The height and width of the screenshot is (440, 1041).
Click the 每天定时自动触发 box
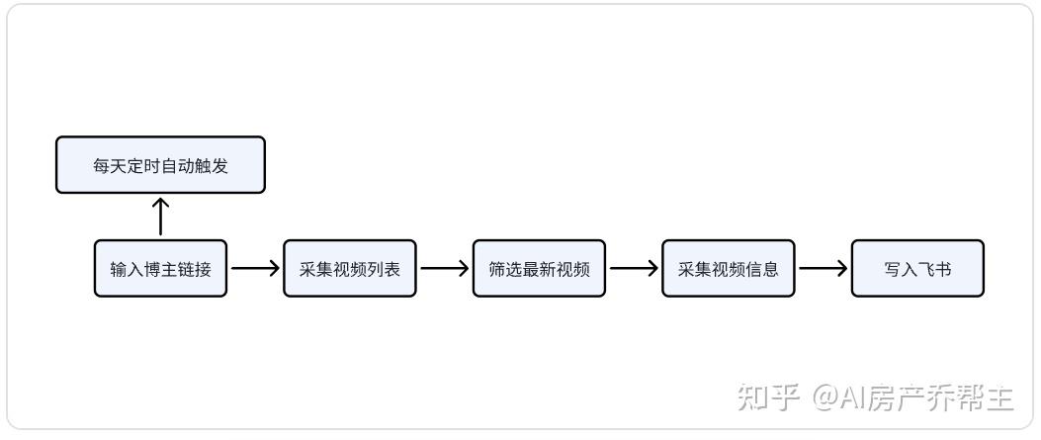160,165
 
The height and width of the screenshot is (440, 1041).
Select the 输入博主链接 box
160,268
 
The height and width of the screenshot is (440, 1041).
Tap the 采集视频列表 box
350,268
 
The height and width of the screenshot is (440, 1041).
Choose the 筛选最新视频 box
539,268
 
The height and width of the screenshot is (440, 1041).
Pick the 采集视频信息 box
729,268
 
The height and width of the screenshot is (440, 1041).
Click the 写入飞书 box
917,268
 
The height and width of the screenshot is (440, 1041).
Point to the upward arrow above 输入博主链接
160,217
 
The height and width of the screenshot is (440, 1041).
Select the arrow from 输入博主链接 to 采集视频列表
255,268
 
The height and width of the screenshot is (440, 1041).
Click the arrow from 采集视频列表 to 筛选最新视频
444,268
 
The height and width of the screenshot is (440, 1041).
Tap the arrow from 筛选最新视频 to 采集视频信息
634,268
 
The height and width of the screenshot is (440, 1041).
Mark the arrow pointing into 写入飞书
824,268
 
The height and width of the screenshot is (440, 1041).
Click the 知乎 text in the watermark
767,397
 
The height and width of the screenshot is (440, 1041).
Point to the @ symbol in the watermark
826,398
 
